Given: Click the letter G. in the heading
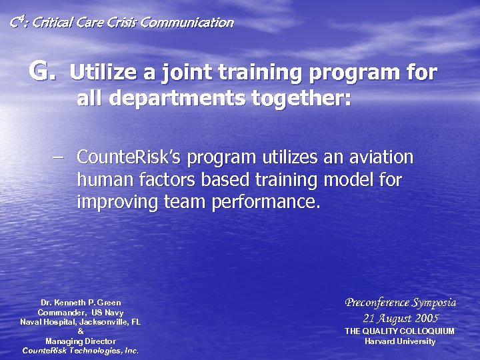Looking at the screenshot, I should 41,70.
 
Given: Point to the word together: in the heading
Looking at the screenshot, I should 301,98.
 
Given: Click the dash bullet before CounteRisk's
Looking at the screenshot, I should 58,158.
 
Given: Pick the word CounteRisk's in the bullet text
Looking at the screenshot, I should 130,158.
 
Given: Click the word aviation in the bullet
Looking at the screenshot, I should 381,158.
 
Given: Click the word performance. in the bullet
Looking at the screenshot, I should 266,202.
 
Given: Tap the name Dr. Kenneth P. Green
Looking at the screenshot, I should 81,303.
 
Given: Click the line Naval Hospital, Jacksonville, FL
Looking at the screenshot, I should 81,322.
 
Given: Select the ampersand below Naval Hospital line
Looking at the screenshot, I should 81,331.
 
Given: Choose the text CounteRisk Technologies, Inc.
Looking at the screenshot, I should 81,351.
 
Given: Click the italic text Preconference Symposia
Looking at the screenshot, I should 400,303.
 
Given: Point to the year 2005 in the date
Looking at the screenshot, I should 426,318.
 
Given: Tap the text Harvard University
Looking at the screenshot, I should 400,341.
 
